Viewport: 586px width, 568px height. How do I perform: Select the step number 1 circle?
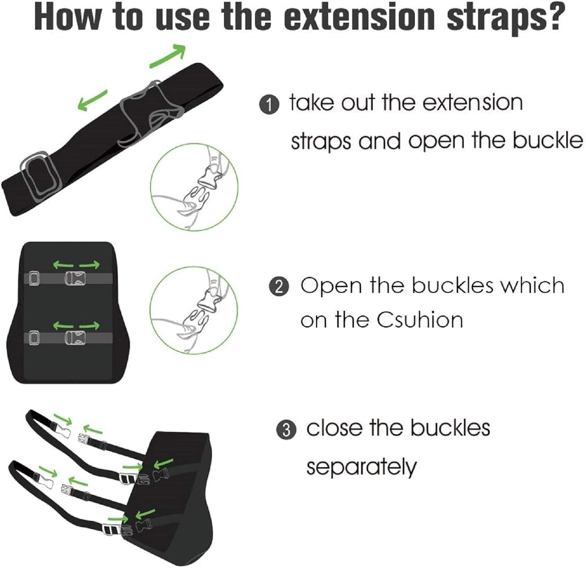[x=269, y=105]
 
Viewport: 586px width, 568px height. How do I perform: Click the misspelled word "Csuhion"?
[x=420, y=320]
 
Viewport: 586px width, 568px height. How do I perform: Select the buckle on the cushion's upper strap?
[x=74, y=278]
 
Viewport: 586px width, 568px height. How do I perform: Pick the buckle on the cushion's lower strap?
[x=74, y=338]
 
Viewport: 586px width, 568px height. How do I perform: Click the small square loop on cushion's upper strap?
[x=34, y=278]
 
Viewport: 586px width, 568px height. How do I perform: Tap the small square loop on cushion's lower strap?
[x=34, y=338]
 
